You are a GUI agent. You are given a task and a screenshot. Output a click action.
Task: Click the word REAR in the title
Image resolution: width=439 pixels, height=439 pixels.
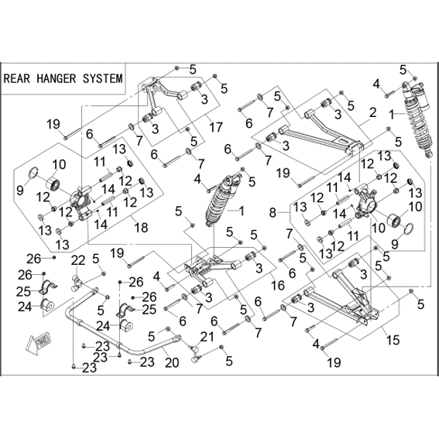[16, 78]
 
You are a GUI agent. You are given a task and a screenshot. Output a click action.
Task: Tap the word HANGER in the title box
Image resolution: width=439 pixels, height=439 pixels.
[57, 78]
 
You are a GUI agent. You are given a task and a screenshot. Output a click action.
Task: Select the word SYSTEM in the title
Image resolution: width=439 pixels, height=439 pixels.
[103, 78]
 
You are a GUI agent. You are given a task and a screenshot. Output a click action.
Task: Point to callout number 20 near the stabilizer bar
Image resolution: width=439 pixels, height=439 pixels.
[172, 362]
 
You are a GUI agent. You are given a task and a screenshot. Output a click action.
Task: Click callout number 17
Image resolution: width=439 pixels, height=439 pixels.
[215, 127]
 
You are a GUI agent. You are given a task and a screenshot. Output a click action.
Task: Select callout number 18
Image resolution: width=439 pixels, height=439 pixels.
[141, 228]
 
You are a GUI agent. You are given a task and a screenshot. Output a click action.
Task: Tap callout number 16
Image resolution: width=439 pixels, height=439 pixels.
[278, 286]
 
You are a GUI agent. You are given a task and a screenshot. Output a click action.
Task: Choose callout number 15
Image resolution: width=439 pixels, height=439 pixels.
[393, 341]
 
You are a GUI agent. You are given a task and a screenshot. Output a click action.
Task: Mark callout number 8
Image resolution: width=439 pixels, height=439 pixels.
[273, 213]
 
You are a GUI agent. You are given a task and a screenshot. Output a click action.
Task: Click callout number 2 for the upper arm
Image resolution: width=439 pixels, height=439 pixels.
[372, 112]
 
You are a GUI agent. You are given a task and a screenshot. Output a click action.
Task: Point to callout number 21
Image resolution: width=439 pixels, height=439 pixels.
[207, 337]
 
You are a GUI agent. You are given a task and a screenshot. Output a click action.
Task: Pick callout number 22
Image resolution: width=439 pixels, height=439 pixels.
[78, 260]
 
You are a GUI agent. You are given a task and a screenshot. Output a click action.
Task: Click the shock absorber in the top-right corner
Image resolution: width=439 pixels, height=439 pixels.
[417, 119]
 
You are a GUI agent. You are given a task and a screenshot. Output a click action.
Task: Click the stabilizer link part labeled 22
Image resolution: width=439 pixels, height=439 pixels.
[77, 283]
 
